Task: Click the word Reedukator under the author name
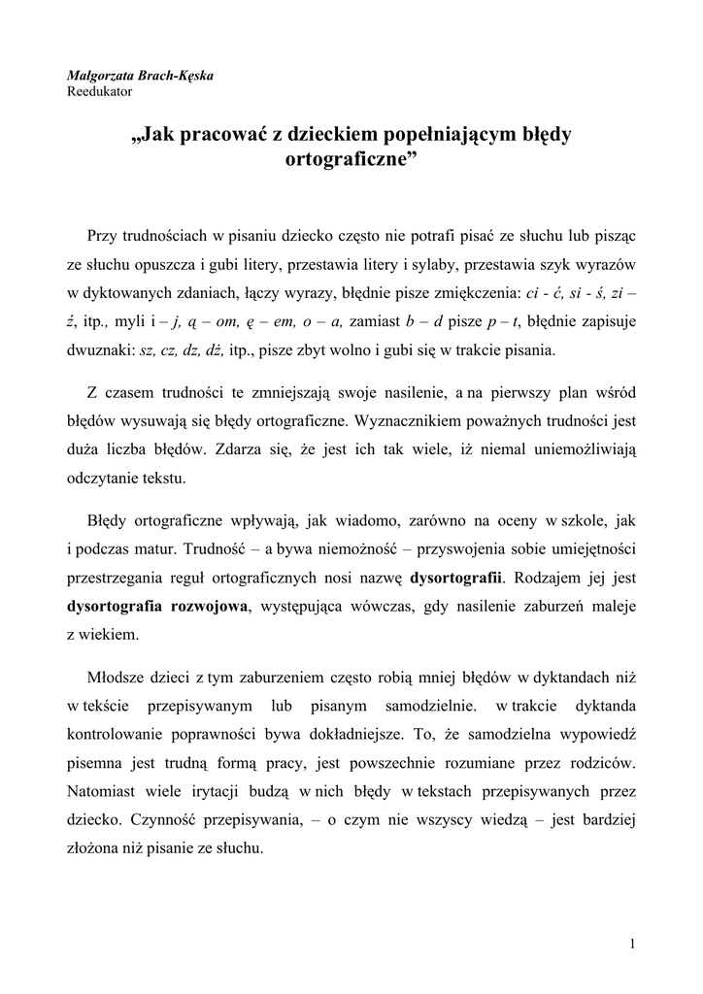[x=99, y=92]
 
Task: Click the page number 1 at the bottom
[x=632, y=944]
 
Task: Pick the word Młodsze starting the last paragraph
[x=117, y=675]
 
